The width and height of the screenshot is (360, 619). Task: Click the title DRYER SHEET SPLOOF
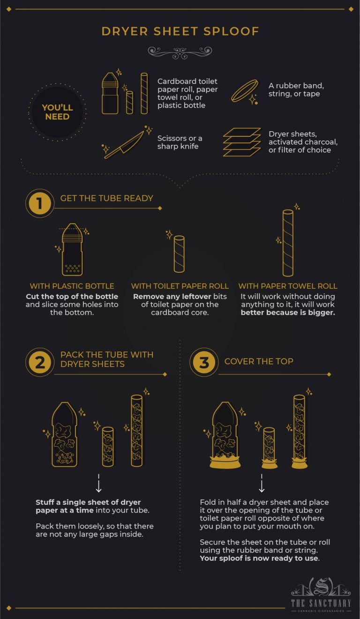coord(180,31)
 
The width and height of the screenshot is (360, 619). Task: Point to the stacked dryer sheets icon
coord(241,142)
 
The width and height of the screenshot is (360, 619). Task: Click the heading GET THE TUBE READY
coord(106,198)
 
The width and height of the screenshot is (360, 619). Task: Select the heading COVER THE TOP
coord(259,361)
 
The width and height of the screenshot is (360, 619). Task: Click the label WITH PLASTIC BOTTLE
coord(72,286)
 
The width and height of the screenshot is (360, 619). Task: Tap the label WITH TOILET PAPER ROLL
coord(180,286)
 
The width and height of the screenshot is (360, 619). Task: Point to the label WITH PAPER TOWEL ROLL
coord(288,286)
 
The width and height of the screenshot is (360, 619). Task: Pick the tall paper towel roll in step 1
coord(288,243)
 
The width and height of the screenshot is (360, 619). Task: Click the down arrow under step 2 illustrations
coord(98,484)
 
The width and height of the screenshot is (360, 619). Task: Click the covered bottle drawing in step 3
coord(225,436)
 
